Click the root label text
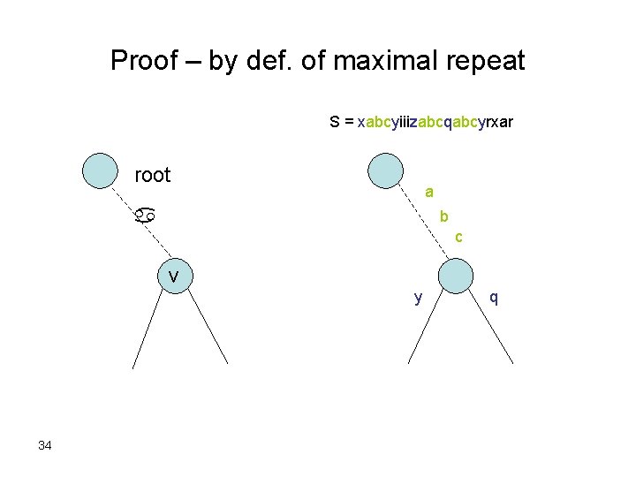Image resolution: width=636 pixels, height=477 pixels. click(152, 175)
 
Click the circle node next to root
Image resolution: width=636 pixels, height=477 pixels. click(100, 171)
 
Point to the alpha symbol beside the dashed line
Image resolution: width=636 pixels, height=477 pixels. click(146, 214)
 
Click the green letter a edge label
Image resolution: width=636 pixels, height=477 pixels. click(428, 192)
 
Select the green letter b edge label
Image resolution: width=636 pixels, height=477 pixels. click(444, 216)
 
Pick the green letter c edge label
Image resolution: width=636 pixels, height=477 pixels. click(458, 237)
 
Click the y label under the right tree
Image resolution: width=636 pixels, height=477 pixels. click(418, 298)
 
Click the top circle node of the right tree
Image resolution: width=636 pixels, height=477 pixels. click(384, 170)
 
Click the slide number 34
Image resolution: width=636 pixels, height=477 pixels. click(45, 445)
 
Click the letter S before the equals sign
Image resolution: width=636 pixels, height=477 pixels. click(336, 122)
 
